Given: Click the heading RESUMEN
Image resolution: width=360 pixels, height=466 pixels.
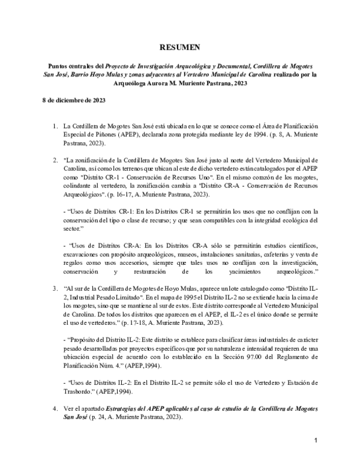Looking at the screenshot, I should (179, 47).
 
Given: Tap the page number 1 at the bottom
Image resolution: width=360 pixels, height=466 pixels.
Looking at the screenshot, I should (315, 441).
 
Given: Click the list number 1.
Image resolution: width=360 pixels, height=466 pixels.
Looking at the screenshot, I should (55, 126).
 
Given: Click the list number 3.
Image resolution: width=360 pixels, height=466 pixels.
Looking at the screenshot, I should (55, 288).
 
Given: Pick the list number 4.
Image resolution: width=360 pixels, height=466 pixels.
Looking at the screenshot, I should (55, 408).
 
